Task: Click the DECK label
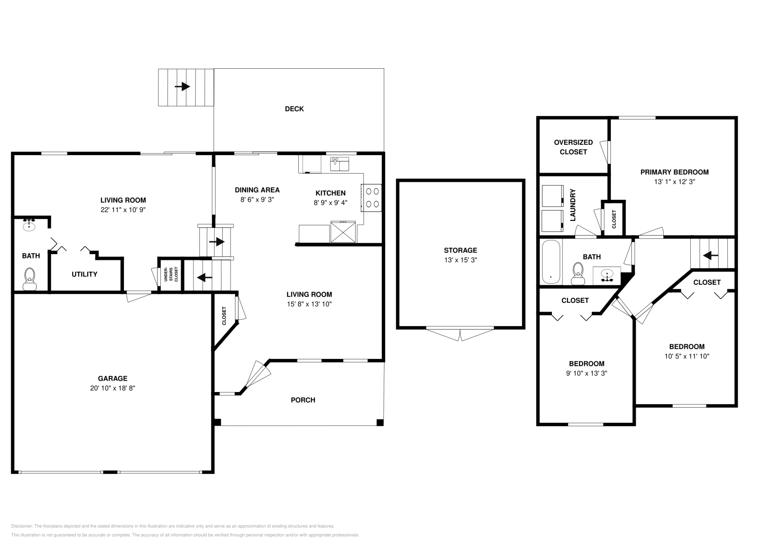click(x=294, y=109)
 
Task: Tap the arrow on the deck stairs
click(x=182, y=86)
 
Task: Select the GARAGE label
click(x=113, y=378)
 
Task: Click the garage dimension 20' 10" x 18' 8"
click(x=113, y=388)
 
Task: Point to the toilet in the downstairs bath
click(x=30, y=279)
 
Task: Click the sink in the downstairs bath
click(x=29, y=225)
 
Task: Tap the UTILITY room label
click(x=84, y=275)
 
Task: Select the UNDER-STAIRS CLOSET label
click(x=171, y=274)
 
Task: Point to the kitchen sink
click(x=339, y=164)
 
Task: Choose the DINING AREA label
click(x=257, y=190)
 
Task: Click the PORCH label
click(x=303, y=400)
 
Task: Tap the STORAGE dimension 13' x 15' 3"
click(x=460, y=260)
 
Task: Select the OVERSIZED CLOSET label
click(x=573, y=147)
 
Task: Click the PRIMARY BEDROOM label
click(x=675, y=172)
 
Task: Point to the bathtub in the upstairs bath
click(x=551, y=262)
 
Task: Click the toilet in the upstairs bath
click(x=578, y=274)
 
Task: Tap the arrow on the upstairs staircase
click(x=710, y=256)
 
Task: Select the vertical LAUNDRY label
click(x=573, y=205)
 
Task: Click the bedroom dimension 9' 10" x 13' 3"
click(x=586, y=374)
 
